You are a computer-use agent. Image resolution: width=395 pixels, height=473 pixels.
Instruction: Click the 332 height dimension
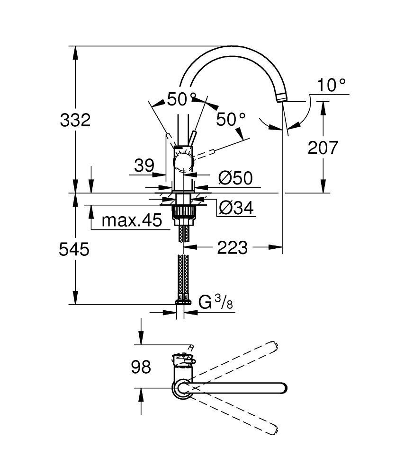[75, 120]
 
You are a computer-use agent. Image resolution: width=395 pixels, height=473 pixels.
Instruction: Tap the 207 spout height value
[323, 148]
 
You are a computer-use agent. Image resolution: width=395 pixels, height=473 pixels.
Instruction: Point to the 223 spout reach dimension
[233, 247]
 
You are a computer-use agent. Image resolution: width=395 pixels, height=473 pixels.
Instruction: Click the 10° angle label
[331, 85]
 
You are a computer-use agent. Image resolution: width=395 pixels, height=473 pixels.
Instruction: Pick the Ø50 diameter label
[235, 178]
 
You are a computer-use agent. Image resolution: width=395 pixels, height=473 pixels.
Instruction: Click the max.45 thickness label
[132, 220]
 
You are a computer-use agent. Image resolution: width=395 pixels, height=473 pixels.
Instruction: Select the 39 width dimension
[144, 166]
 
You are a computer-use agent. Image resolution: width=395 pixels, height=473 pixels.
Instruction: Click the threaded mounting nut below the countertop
[183, 211]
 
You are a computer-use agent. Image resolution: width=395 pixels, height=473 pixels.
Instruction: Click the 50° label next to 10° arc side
[231, 119]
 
